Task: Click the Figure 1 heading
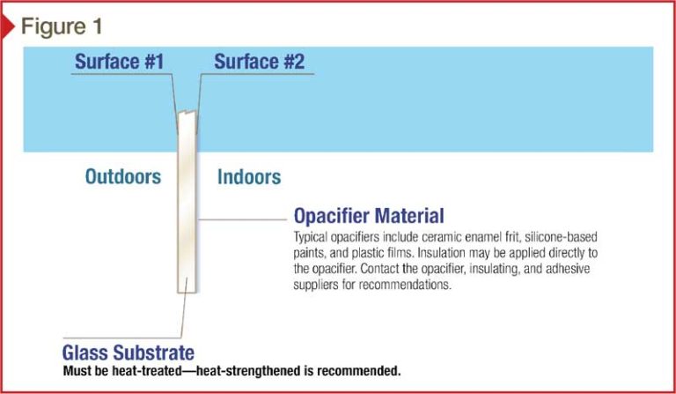(x=62, y=26)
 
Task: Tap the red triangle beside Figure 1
(x=7, y=26)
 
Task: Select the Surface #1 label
(x=120, y=62)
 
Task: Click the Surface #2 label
(x=259, y=62)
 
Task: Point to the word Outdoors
(x=123, y=176)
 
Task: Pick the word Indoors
(x=249, y=177)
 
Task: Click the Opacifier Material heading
(x=369, y=215)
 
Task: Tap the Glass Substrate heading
(x=128, y=353)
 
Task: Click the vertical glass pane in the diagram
(x=187, y=202)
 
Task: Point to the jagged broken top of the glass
(x=187, y=113)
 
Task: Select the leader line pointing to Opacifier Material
(x=242, y=219)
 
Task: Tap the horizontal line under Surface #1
(x=121, y=74)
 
